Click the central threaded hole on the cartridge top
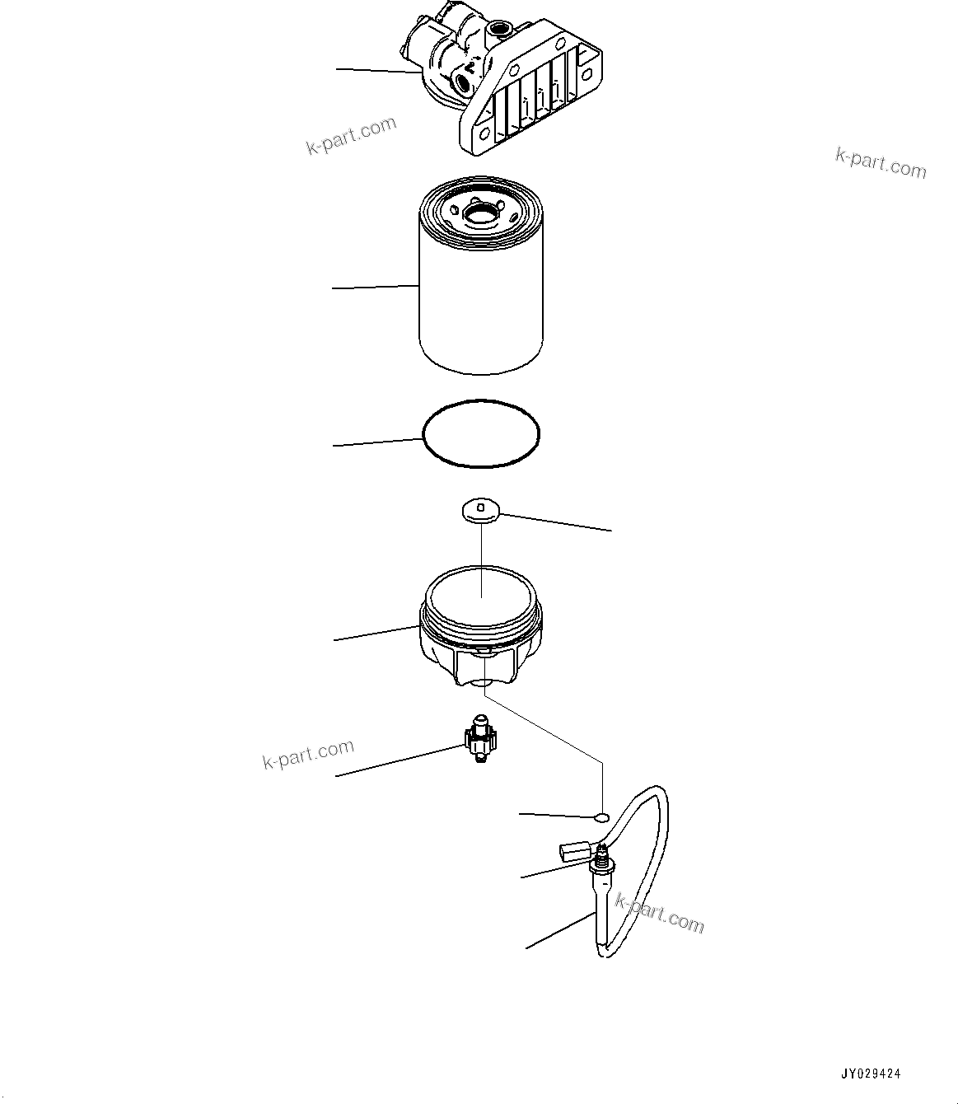point(480,216)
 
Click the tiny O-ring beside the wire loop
point(601,816)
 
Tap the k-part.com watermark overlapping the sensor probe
point(660,915)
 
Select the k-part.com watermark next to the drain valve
point(308,754)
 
